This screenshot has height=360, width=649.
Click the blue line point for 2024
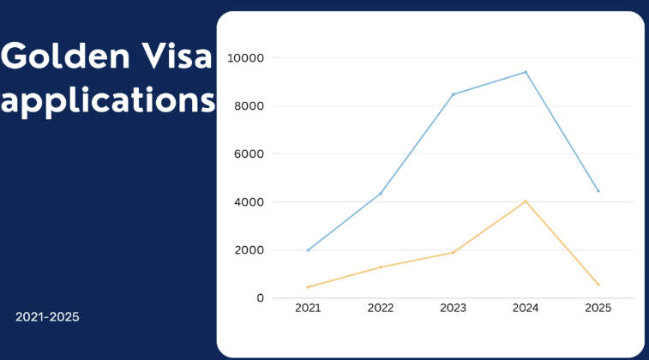(526, 72)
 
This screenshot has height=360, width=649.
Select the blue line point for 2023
(454, 94)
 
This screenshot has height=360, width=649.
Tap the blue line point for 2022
(381, 193)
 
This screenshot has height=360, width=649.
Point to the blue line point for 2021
(308, 250)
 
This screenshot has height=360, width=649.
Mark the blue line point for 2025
(598, 191)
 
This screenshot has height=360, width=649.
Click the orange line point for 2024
(526, 201)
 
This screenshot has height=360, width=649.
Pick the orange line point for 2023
(454, 252)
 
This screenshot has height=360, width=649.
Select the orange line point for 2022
(381, 267)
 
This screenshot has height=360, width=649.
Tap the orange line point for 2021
(308, 287)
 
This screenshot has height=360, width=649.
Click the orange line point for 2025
(598, 285)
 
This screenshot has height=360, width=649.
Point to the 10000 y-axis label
(245, 58)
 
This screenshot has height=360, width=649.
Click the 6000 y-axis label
(249, 154)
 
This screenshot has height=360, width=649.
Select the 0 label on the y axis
(260, 298)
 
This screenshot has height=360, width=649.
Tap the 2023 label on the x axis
(454, 308)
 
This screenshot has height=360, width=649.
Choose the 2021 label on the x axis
(308, 308)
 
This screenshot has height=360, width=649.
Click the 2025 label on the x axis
(598, 308)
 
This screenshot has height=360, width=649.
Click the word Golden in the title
(65, 56)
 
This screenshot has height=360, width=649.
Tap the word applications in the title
(108, 101)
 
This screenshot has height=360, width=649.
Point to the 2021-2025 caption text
(47, 317)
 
